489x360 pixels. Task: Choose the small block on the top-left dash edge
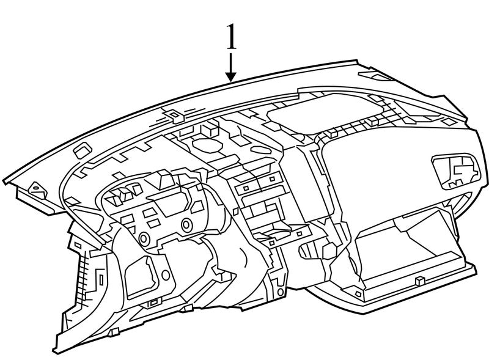point(80,147)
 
